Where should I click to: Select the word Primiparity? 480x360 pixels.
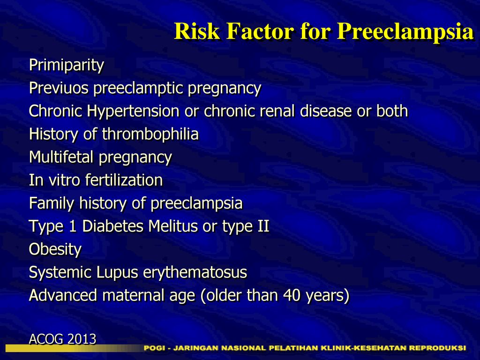pos(67,65)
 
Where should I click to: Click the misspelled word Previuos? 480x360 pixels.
pos(59,88)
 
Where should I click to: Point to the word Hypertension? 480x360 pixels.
pos(133,111)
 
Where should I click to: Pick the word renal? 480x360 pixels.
pos(277,111)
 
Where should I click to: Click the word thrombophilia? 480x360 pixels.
pos(150,134)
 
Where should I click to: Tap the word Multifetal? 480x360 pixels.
pos(61,157)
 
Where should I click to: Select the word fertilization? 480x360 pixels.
pos(124,180)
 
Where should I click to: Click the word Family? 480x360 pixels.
pos(52,203)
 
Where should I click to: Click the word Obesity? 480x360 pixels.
pos(55,249)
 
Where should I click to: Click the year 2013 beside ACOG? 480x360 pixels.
pos(82,339)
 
